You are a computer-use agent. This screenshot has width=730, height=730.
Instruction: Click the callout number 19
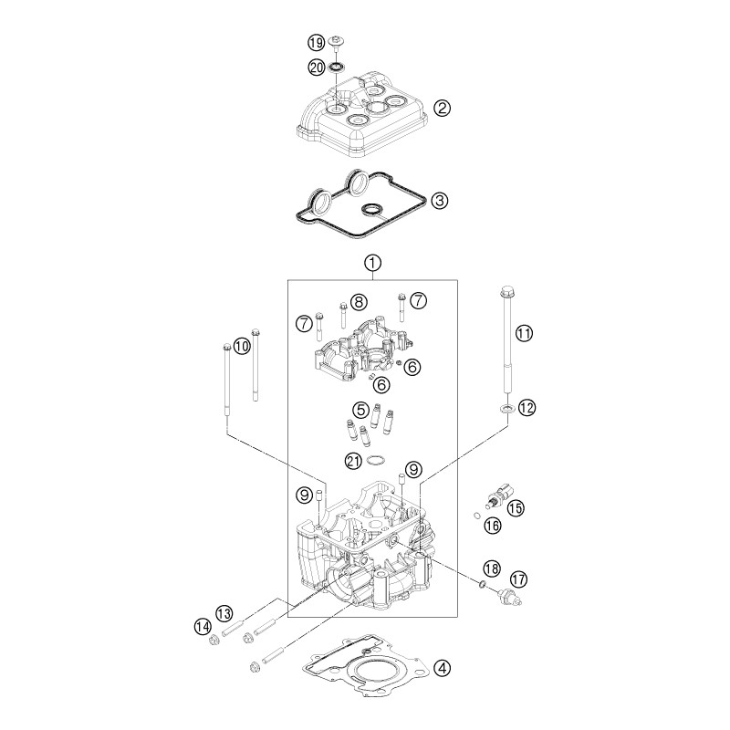coord(316,43)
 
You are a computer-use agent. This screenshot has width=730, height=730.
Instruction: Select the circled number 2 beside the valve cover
coord(442,108)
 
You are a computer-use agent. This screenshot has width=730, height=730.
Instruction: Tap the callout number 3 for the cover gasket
coord(440,201)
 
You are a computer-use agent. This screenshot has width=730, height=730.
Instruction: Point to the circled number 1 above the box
coord(373,263)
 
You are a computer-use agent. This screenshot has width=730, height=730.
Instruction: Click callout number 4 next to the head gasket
coord(442,669)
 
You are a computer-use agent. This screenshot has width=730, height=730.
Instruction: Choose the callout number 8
coord(359,303)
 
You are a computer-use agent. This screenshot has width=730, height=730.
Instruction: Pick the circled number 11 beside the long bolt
coord(524,333)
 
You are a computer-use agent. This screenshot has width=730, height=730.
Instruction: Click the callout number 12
coord(527,408)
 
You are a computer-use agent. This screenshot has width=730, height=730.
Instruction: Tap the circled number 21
coord(353,461)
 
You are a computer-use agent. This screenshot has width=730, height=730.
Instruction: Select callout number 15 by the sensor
coord(516,507)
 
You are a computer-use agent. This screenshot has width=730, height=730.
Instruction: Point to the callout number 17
coord(518,579)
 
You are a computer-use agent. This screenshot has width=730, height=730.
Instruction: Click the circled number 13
coord(224,613)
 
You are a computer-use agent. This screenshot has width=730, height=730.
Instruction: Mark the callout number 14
coord(203,627)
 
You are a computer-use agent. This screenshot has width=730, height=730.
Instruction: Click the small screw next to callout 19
coord(336,42)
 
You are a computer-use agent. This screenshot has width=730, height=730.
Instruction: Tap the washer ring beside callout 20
coord(336,68)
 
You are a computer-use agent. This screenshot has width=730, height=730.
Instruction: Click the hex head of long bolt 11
coord(506,293)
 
